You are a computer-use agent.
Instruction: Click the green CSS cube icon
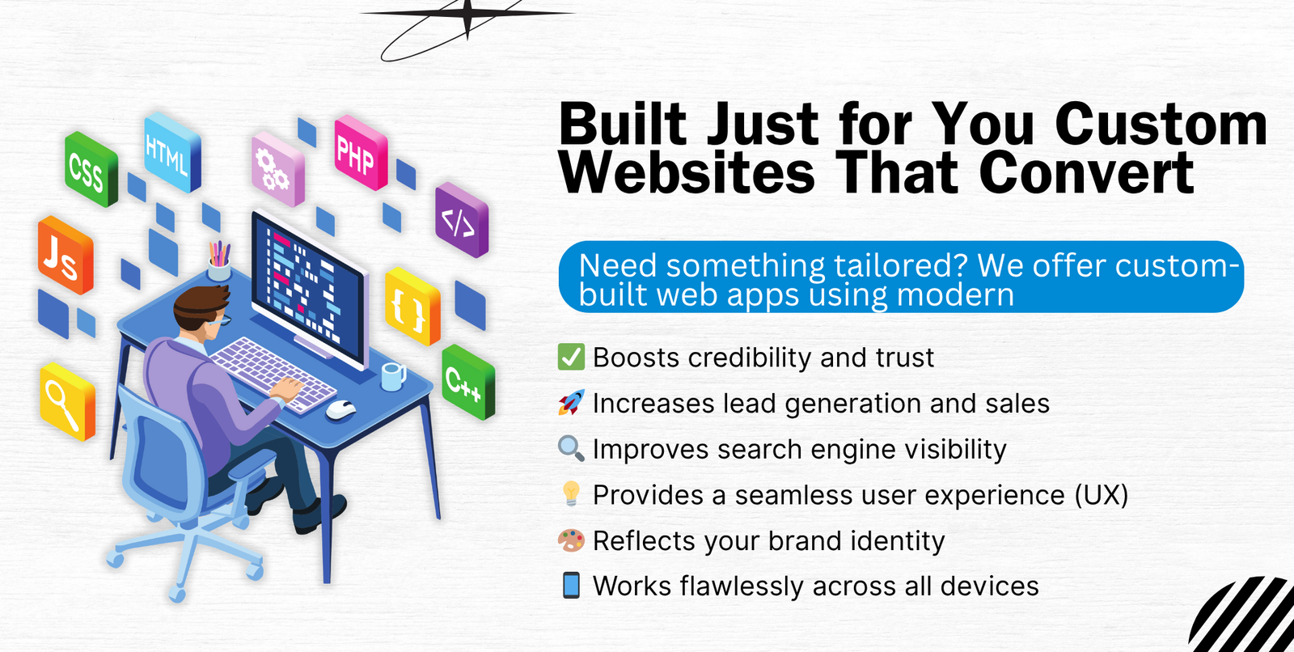point(91,169)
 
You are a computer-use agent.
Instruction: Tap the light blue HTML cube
point(172,152)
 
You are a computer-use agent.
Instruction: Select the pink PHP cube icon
point(361,152)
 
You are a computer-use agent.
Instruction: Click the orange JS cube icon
point(65,255)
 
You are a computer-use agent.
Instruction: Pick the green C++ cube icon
point(468,382)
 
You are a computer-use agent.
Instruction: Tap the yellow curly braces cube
point(412,306)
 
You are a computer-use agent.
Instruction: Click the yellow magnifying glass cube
point(68,401)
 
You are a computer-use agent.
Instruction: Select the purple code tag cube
point(462,220)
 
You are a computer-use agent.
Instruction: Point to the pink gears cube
point(277,169)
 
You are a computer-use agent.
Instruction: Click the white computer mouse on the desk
point(340,410)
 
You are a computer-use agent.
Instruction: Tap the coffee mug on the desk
point(393,376)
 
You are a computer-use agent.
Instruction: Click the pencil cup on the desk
point(219,261)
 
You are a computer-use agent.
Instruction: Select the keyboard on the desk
point(273,375)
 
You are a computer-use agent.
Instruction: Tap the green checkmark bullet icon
point(571,357)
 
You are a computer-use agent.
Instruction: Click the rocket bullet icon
point(571,402)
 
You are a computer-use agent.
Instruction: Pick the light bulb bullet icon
point(571,494)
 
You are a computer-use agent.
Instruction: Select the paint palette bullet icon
point(571,540)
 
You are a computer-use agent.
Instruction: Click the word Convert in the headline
point(1087,172)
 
